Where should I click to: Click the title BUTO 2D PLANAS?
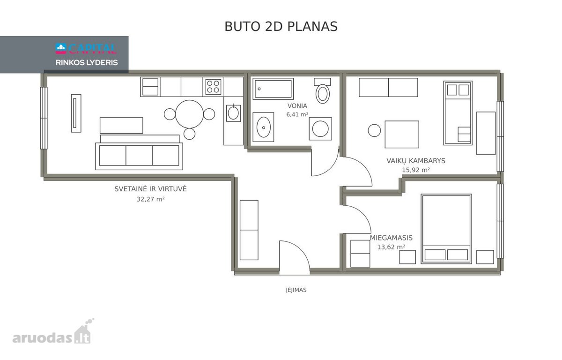click(281, 27)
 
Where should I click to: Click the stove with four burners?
click(213, 87)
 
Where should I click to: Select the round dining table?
click(189, 114)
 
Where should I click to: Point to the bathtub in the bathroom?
click(273, 89)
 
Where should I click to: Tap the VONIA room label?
click(297, 106)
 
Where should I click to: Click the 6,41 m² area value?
click(297, 114)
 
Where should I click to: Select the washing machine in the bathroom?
click(320, 129)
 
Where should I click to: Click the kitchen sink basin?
click(233, 113)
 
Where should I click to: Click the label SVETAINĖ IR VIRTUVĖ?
click(150, 189)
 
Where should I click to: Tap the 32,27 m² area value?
click(150, 199)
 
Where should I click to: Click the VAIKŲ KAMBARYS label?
click(416, 161)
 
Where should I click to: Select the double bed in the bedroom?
click(446, 229)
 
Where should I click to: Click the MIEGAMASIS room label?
click(391, 238)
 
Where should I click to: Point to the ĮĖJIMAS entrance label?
click(296, 290)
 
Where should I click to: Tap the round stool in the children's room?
click(374, 130)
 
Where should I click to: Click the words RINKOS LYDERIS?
click(87, 62)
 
